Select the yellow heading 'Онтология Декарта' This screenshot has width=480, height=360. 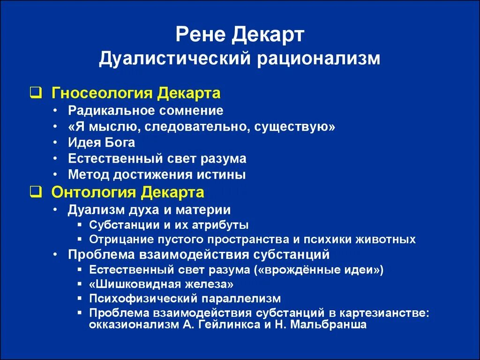point(127,192)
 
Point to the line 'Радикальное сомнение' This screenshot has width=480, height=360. point(145,111)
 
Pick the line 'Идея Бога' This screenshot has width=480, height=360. point(101,142)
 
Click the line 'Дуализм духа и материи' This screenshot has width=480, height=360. point(149,210)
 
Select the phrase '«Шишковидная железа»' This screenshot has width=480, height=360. point(161,285)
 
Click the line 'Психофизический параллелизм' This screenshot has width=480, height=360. point(185,299)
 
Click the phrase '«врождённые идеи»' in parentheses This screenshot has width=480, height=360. point(336,270)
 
